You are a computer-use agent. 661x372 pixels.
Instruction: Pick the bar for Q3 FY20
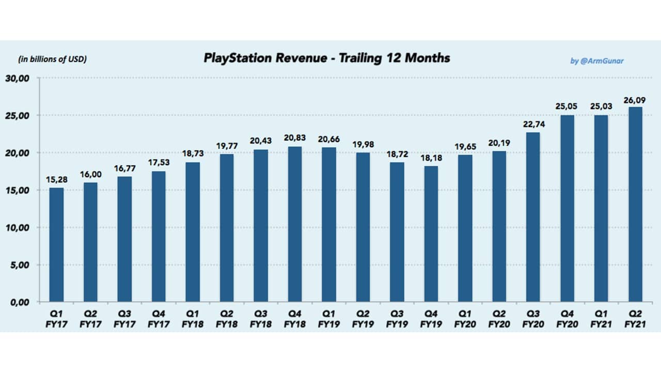533,217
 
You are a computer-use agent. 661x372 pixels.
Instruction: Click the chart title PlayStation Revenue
327,58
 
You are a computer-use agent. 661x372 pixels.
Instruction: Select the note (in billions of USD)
52,59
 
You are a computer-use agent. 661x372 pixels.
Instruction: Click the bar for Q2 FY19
363,227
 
